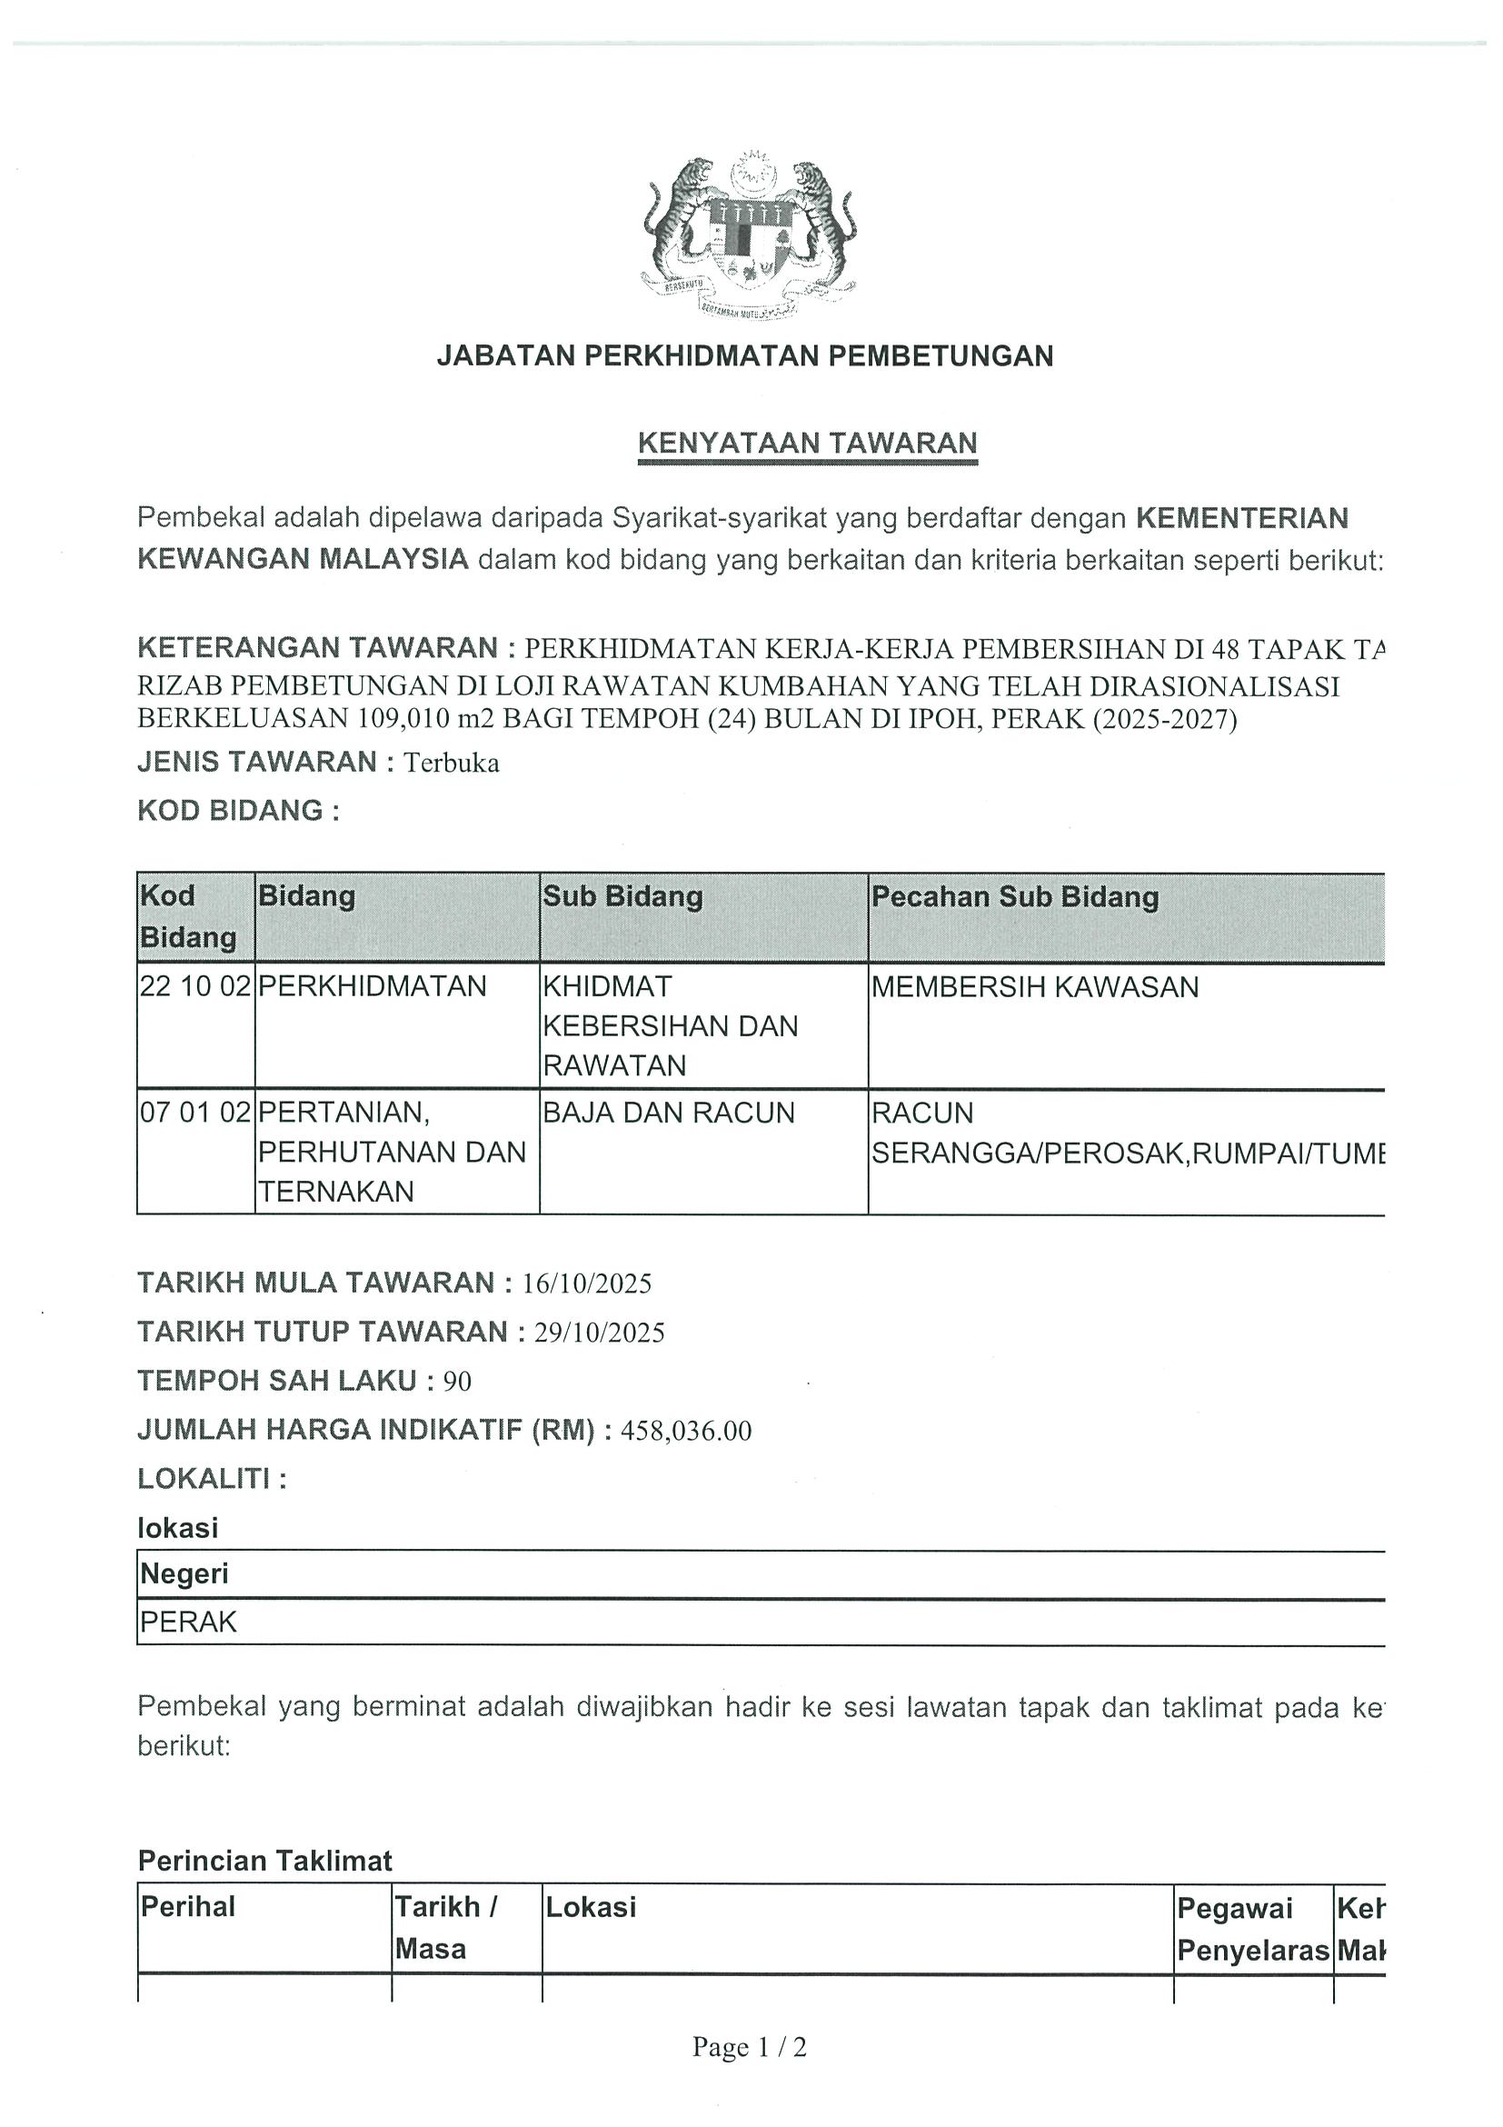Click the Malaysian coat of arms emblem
coord(748,237)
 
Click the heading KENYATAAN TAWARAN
coord(808,443)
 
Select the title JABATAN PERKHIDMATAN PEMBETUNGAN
coord(744,355)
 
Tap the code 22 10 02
coord(195,986)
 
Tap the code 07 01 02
coord(195,1112)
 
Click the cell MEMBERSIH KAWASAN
coord(1034,987)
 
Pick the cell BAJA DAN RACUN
coord(669,1112)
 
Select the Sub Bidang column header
coord(622,896)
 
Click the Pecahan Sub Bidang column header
coord(1015,897)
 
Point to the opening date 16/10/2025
coord(587,1284)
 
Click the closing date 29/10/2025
coord(599,1333)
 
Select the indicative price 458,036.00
coord(686,1432)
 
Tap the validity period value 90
coord(457,1383)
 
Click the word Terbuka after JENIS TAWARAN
coord(452,764)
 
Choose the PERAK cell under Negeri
coord(189,1623)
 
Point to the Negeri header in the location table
coord(184,1574)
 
